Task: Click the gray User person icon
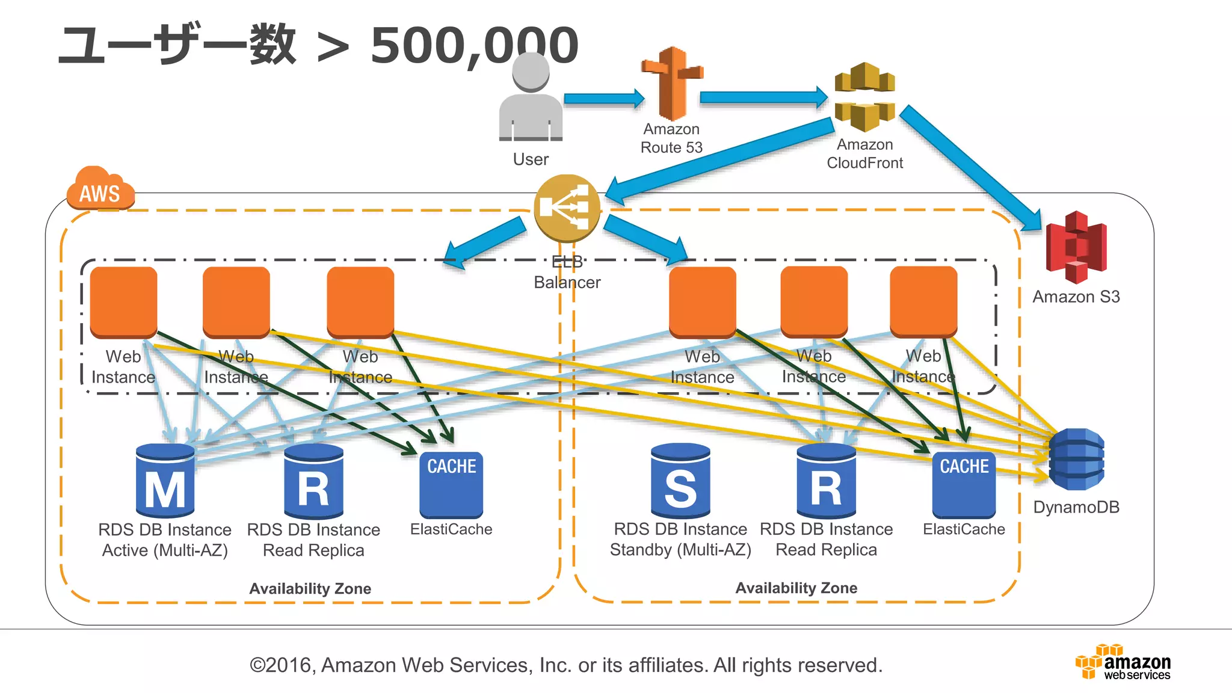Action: tap(531, 99)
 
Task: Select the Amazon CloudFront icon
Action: tap(864, 96)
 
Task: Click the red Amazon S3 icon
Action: tap(1076, 247)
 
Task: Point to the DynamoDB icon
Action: tap(1076, 460)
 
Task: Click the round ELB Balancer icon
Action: tap(567, 208)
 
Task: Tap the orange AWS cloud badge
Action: tap(100, 189)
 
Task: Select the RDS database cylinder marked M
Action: tap(165, 481)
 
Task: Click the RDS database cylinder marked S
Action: tap(680, 481)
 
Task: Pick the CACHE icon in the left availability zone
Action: tap(451, 485)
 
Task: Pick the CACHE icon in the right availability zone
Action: tap(964, 485)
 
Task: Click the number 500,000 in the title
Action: tap(474, 46)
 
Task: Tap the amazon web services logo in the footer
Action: tap(1123, 662)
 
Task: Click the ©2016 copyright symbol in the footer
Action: tap(257, 665)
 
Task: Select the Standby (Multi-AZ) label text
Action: tap(680, 550)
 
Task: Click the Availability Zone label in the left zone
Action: tap(310, 588)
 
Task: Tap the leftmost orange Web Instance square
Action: tap(123, 301)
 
